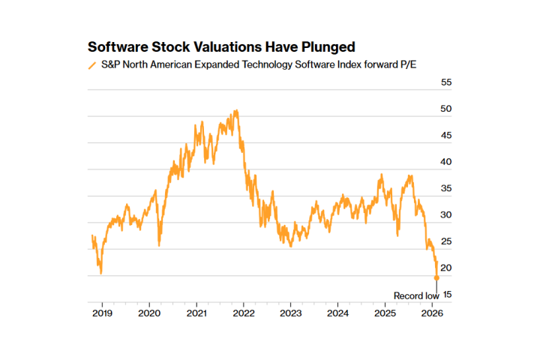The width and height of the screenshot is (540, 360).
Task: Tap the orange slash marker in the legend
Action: [x=92, y=65]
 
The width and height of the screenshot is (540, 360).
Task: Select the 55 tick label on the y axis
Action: [x=445, y=82]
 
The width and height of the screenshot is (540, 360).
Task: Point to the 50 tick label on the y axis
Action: [x=445, y=109]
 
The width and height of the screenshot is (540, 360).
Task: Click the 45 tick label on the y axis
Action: [x=445, y=136]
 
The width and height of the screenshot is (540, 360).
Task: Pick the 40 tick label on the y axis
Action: [x=445, y=162]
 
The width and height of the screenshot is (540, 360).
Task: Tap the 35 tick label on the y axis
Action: [x=445, y=189]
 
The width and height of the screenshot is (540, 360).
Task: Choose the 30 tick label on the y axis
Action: [x=445, y=215]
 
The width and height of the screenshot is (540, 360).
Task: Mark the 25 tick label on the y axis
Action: [x=445, y=241]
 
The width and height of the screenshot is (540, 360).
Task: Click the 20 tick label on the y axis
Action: [x=445, y=268]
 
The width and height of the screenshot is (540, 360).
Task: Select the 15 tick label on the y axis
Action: [x=445, y=295]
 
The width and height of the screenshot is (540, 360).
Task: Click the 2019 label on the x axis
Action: [x=102, y=312]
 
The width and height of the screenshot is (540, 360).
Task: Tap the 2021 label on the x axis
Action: [x=196, y=312]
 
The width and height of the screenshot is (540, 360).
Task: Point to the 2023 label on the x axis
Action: [x=290, y=312]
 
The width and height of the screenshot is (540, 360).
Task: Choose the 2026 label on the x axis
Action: [x=432, y=312]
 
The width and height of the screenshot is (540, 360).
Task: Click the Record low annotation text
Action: [x=416, y=295]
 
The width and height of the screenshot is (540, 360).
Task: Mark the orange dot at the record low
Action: [x=436, y=278]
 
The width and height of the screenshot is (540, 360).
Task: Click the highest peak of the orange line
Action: [x=236, y=110]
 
